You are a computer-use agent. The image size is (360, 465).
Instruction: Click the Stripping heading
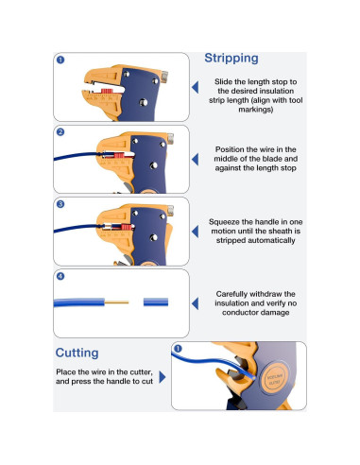pyautogui.click(x=231, y=59)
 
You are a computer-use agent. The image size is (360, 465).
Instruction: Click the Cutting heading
pyautogui.click(x=77, y=353)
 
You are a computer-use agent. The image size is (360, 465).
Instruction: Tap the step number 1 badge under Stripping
pyautogui.click(x=60, y=60)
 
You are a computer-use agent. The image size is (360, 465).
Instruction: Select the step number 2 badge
pyautogui.click(x=60, y=132)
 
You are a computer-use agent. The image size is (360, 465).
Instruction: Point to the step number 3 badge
pyautogui.click(x=60, y=204)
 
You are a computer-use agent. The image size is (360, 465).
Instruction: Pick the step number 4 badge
pyautogui.click(x=60, y=276)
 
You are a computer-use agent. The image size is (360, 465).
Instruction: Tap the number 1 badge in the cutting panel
pyautogui.click(x=178, y=349)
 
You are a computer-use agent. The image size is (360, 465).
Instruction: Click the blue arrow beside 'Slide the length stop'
pyautogui.click(x=196, y=87)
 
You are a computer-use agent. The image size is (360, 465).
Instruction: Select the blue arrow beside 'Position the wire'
pyautogui.click(x=196, y=160)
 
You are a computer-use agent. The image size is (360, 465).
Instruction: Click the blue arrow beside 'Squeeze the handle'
pyautogui.click(x=196, y=232)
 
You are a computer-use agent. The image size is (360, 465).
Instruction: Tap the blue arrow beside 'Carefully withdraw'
pyautogui.click(x=196, y=303)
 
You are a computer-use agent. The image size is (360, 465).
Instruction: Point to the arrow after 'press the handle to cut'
pyautogui.click(x=163, y=377)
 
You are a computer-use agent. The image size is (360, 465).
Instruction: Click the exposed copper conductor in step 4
pyautogui.click(x=116, y=302)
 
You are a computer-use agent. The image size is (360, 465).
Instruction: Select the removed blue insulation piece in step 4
pyautogui.click(x=156, y=302)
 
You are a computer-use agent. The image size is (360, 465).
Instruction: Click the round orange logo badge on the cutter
pyautogui.click(x=275, y=378)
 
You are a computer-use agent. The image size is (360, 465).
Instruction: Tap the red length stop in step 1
pyautogui.click(x=107, y=91)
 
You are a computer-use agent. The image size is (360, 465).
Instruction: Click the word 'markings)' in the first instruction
pyautogui.click(x=255, y=110)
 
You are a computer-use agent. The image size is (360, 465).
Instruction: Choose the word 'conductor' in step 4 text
pyautogui.click(x=240, y=313)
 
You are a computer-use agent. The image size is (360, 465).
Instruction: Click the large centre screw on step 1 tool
pyautogui.click(x=144, y=102)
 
